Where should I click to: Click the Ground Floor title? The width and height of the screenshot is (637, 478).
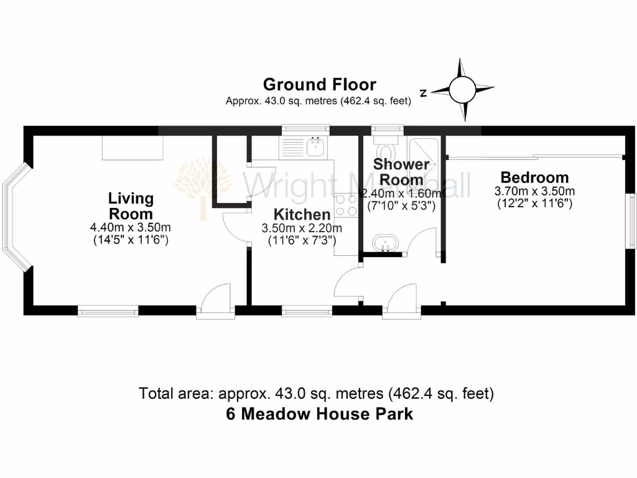click(319, 84)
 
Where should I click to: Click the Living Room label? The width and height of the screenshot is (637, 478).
click(131, 206)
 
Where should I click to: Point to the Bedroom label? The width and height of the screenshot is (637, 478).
click(534, 177)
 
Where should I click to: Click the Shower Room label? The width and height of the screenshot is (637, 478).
click(401, 172)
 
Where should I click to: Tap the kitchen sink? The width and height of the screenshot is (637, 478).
click(316, 147)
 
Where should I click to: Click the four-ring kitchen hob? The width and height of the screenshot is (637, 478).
click(346, 205)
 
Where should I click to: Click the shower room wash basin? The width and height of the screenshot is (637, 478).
click(387, 242)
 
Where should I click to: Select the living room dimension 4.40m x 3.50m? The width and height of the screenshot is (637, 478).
click(131, 227)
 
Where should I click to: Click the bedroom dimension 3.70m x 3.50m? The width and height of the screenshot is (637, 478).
click(534, 191)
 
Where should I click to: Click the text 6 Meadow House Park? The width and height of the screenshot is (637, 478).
click(319, 414)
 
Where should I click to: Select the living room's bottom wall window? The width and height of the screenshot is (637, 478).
click(108, 310)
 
